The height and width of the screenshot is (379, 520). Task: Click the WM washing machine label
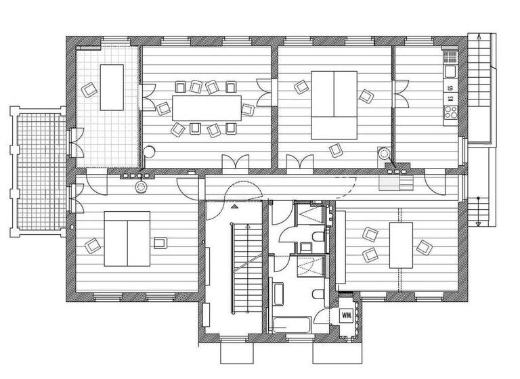(x=346, y=315)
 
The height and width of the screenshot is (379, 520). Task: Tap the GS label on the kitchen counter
(x=450, y=87)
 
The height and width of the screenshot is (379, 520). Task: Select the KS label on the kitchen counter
(x=450, y=99)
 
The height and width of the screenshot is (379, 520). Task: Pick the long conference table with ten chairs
(x=207, y=107)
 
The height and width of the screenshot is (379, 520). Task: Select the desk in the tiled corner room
(x=112, y=87)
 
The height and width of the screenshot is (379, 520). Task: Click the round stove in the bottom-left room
(x=141, y=187)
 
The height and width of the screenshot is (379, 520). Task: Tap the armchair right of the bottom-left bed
(x=160, y=242)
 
